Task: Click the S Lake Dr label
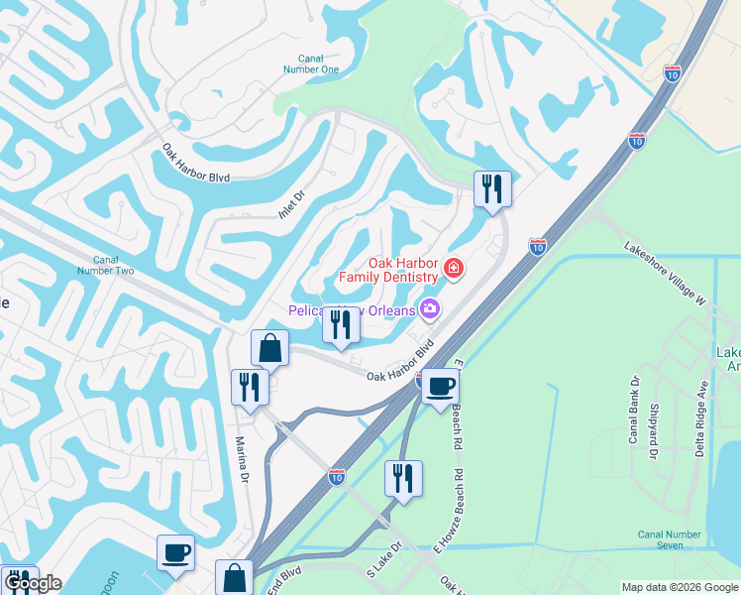pyautogui.click(x=385, y=560)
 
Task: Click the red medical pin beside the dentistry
pyautogui.click(x=454, y=268)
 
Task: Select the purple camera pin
pyautogui.click(x=430, y=309)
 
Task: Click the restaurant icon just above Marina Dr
pyautogui.click(x=250, y=385)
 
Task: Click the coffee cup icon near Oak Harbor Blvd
pyautogui.click(x=440, y=385)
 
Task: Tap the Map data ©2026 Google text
pyautogui.click(x=680, y=587)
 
